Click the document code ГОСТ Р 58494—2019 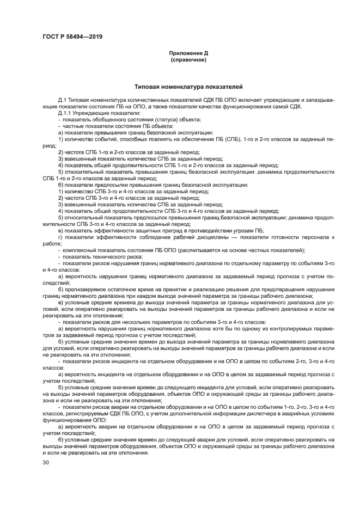72,36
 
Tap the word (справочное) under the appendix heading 188,60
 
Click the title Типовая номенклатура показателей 188,87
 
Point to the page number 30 46,463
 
